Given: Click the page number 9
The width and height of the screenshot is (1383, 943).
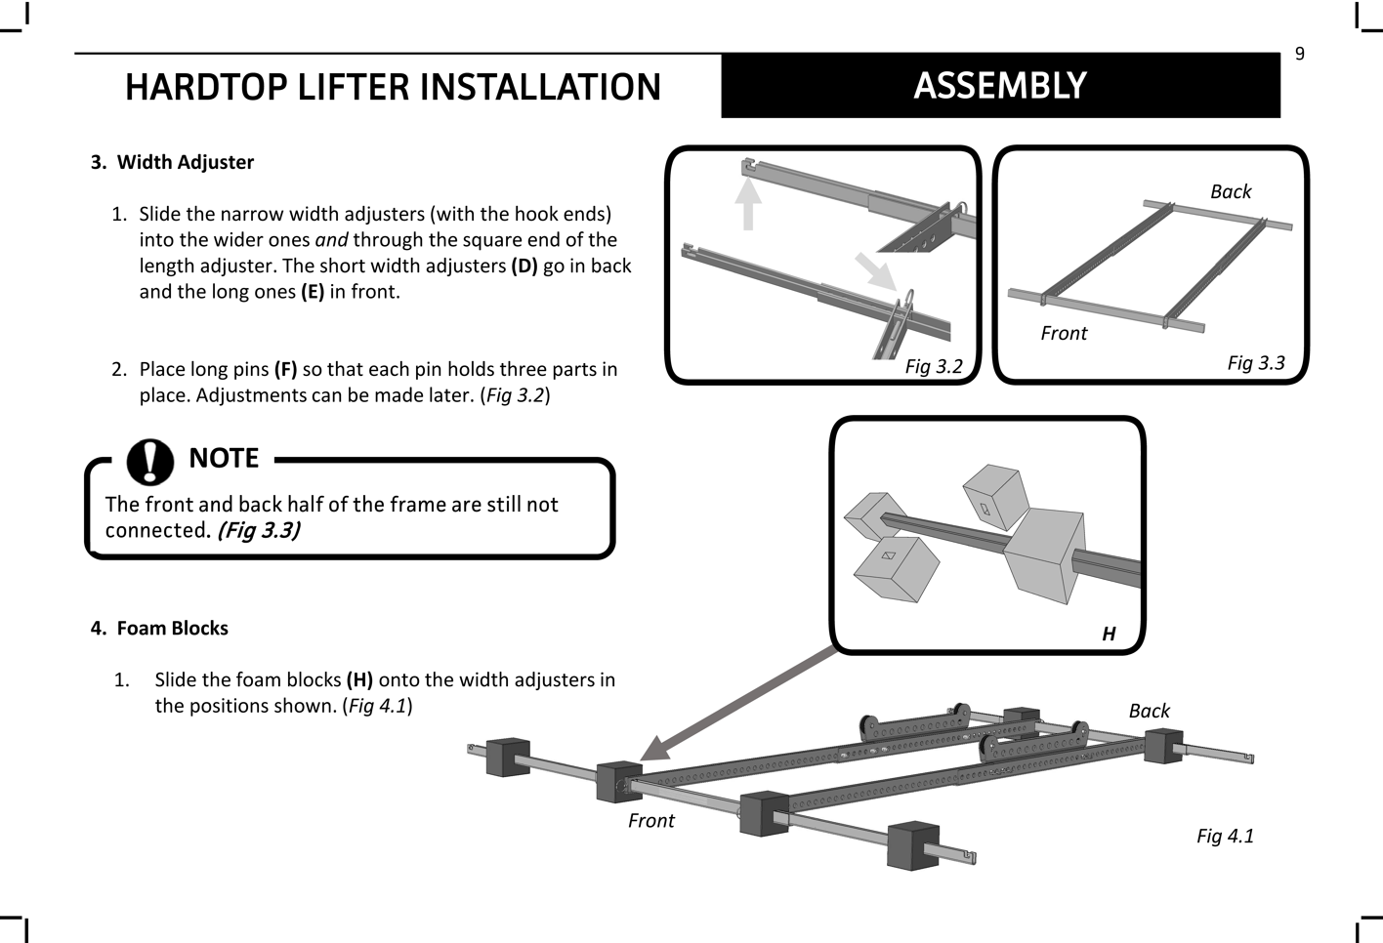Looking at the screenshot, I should tap(1299, 54).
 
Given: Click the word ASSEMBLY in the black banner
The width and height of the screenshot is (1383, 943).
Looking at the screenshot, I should tap(999, 86).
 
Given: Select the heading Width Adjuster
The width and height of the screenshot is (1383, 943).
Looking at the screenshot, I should tap(186, 162).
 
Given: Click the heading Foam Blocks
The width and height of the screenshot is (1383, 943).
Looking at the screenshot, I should tap(172, 628).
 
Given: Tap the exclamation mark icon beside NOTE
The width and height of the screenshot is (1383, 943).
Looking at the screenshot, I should tap(149, 460).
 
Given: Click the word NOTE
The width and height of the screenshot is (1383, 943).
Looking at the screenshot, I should tap(224, 458).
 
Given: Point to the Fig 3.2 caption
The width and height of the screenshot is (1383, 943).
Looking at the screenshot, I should tap(933, 366).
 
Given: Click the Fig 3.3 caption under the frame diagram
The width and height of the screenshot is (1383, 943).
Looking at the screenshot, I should tap(1255, 363).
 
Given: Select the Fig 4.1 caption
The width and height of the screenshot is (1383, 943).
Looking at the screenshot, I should tap(1225, 836).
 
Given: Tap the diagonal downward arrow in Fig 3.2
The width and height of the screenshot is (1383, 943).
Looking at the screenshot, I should tap(876, 270).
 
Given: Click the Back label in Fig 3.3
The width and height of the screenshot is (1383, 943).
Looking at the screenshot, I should tap(1231, 191).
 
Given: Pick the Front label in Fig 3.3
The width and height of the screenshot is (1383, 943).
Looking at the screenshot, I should tap(1064, 333).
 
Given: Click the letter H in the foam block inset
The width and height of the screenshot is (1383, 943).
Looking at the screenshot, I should tap(1109, 634).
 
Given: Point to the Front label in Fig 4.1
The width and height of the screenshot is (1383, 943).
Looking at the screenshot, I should tap(650, 820).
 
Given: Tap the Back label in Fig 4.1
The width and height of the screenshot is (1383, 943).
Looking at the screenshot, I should tap(1149, 711).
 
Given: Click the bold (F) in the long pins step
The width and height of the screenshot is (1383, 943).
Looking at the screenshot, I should tap(285, 369).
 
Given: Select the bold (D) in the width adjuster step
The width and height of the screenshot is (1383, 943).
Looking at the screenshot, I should tap(524, 266).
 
